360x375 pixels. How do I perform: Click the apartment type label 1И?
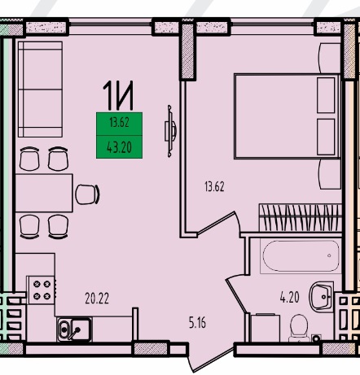pos(118,95)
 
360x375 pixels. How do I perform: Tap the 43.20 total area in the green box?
pos(119,147)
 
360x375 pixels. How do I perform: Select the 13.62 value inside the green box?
pos(119,123)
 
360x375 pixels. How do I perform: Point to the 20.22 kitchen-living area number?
pos(97,299)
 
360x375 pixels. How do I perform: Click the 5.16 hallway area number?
pos(197,323)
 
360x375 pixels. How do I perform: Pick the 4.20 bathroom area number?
pos(290,297)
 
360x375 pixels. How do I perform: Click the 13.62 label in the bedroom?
pos(214,186)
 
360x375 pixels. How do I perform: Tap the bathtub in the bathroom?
pos(300,256)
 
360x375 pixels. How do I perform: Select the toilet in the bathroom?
pos(299,329)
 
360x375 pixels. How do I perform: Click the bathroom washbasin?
pos(322,296)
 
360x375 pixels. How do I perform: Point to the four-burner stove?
pos(42,290)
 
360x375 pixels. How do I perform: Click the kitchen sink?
pos(74,329)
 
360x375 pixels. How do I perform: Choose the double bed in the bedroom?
pos(287,116)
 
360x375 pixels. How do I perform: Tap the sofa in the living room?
pos(40,89)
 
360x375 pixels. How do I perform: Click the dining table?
pos(44,193)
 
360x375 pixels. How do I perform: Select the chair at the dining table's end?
pos(87,194)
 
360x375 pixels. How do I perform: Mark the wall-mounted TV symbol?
pos(170,131)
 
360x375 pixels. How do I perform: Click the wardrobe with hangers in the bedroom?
pos(301,218)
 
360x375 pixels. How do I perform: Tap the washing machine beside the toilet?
pos(266,328)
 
